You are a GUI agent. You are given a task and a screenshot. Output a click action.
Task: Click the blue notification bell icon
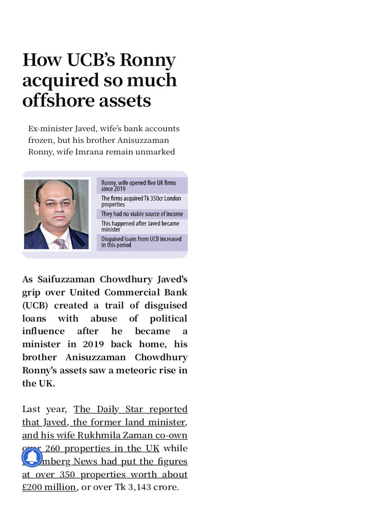tap(32, 457)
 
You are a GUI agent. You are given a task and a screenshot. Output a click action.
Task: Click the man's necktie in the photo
tap(61, 242)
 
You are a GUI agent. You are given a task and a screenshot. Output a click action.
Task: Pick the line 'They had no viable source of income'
tap(142, 214)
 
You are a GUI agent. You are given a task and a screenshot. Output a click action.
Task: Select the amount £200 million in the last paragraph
tap(49, 487)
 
